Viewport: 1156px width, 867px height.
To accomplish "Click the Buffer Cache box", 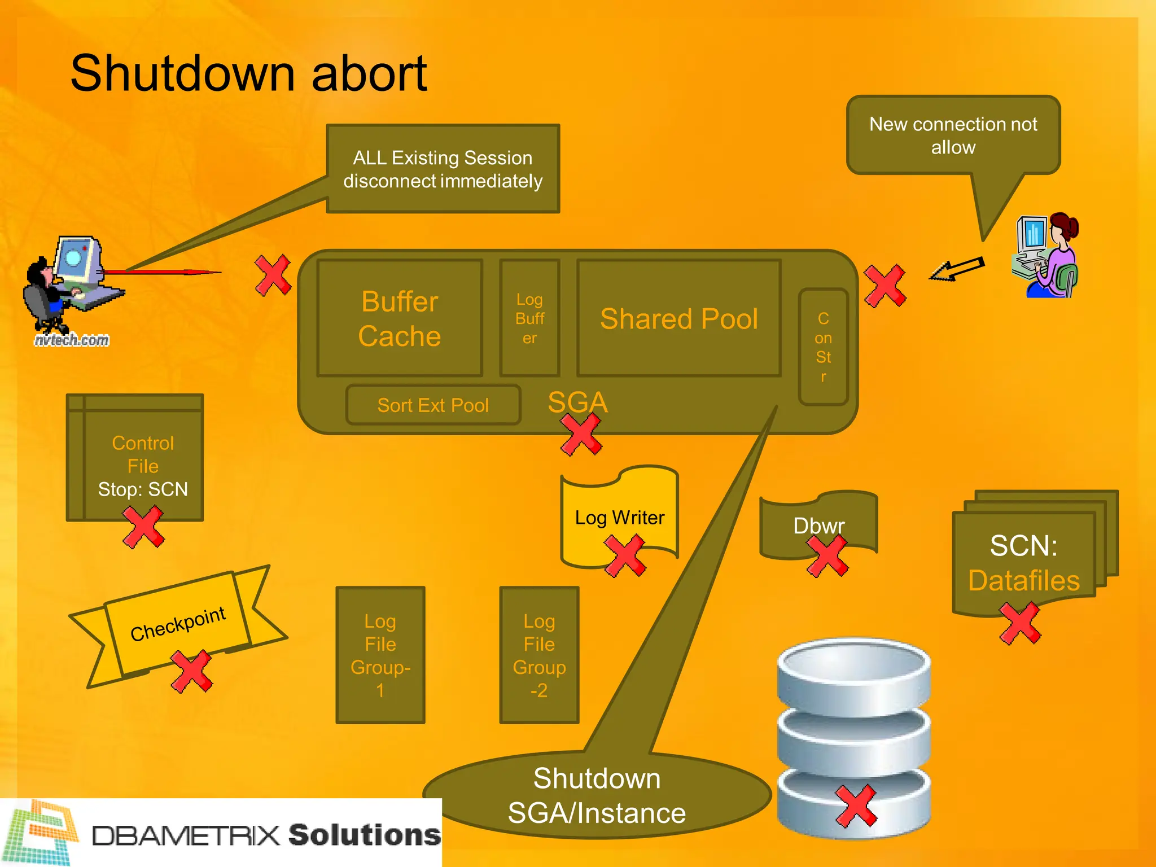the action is point(400,318).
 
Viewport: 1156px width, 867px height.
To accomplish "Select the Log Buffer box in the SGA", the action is point(529,318).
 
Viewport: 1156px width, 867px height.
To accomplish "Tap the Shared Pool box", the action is point(679,318).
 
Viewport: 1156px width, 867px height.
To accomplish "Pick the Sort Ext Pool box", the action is point(433,405).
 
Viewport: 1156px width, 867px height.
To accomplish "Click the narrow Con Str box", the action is point(823,347).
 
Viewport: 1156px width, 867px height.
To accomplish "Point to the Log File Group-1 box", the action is point(380,655).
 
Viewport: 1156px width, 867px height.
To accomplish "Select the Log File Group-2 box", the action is point(539,655).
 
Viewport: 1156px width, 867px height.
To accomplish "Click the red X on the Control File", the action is point(143,526).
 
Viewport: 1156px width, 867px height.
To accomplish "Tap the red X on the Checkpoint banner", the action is point(192,671).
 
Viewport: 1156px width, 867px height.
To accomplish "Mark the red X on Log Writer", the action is point(625,555).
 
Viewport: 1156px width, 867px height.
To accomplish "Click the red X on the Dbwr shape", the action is point(827,555).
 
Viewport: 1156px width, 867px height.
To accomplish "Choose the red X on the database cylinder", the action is point(856,805).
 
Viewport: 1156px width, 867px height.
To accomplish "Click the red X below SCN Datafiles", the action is point(1020,623).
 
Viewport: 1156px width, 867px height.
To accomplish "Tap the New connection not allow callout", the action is point(953,135).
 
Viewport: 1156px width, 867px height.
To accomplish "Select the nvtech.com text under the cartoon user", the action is point(72,340).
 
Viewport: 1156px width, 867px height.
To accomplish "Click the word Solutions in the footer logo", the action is point(364,835).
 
